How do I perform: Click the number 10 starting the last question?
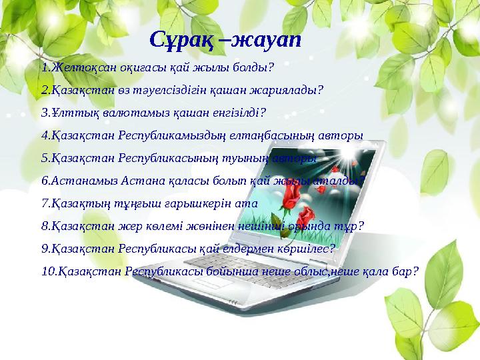[46, 271]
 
